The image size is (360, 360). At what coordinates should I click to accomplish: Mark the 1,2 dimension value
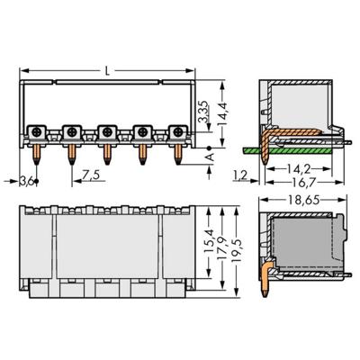[239, 175]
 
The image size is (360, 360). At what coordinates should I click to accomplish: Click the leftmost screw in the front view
[39, 131]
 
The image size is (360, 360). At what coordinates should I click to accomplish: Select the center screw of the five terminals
[107, 131]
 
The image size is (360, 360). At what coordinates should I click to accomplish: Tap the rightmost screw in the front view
[176, 131]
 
